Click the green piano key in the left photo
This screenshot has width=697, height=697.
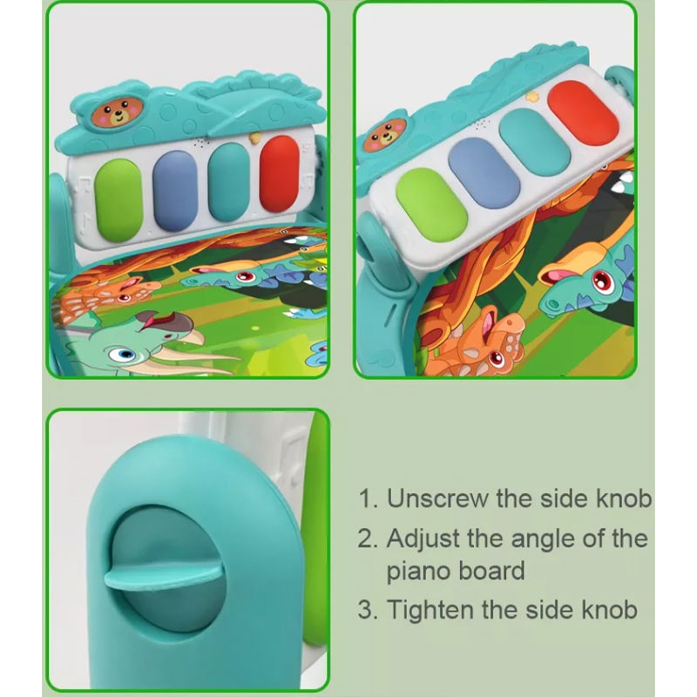point(118,200)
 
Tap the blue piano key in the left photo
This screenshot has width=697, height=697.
point(175,191)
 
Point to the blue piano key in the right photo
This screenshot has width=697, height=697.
point(484,173)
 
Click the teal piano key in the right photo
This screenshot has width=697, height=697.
point(534,142)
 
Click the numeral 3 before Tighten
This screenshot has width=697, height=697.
point(366,610)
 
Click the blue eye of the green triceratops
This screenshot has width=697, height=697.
point(125,355)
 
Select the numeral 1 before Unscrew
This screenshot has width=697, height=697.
point(367,498)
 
